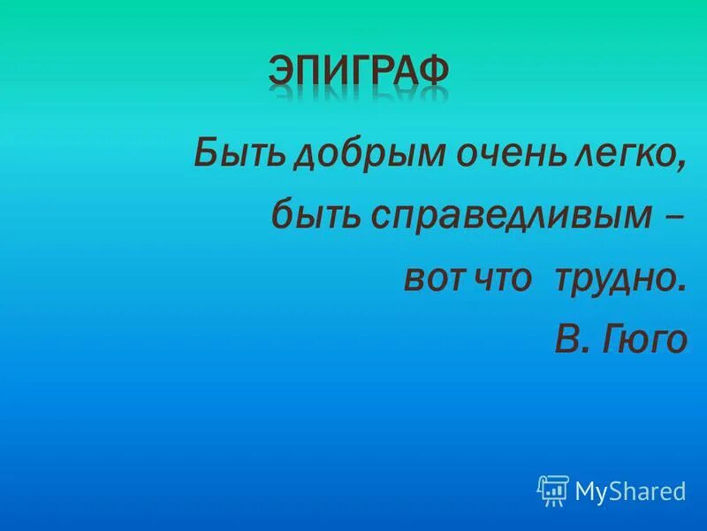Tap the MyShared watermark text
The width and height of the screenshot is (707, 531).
click(x=630, y=490)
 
